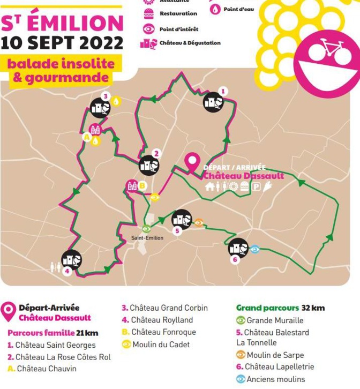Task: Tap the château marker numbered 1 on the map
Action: pyautogui.click(x=213, y=102)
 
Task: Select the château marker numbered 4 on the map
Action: pyautogui.click(x=72, y=260)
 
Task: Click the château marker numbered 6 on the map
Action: pyautogui.click(x=238, y=248)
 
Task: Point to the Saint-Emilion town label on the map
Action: pyautogui.click(x=147, y=238)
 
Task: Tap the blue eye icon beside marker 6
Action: pyautogui.click(x=255, y=249)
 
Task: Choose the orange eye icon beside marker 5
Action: pyautogui.click(x=198, y=222)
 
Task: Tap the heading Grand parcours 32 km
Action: pyautogui.click(x=280, y=308)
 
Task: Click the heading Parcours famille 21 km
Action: pyautogui.click(x=52, y=333)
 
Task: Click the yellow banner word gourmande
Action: pyautogui.click(x=72, y=77)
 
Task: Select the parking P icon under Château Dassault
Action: pyautogui.click(x=257, y=186)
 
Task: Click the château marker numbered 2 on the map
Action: pyautogui.click(x=148, y=166)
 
